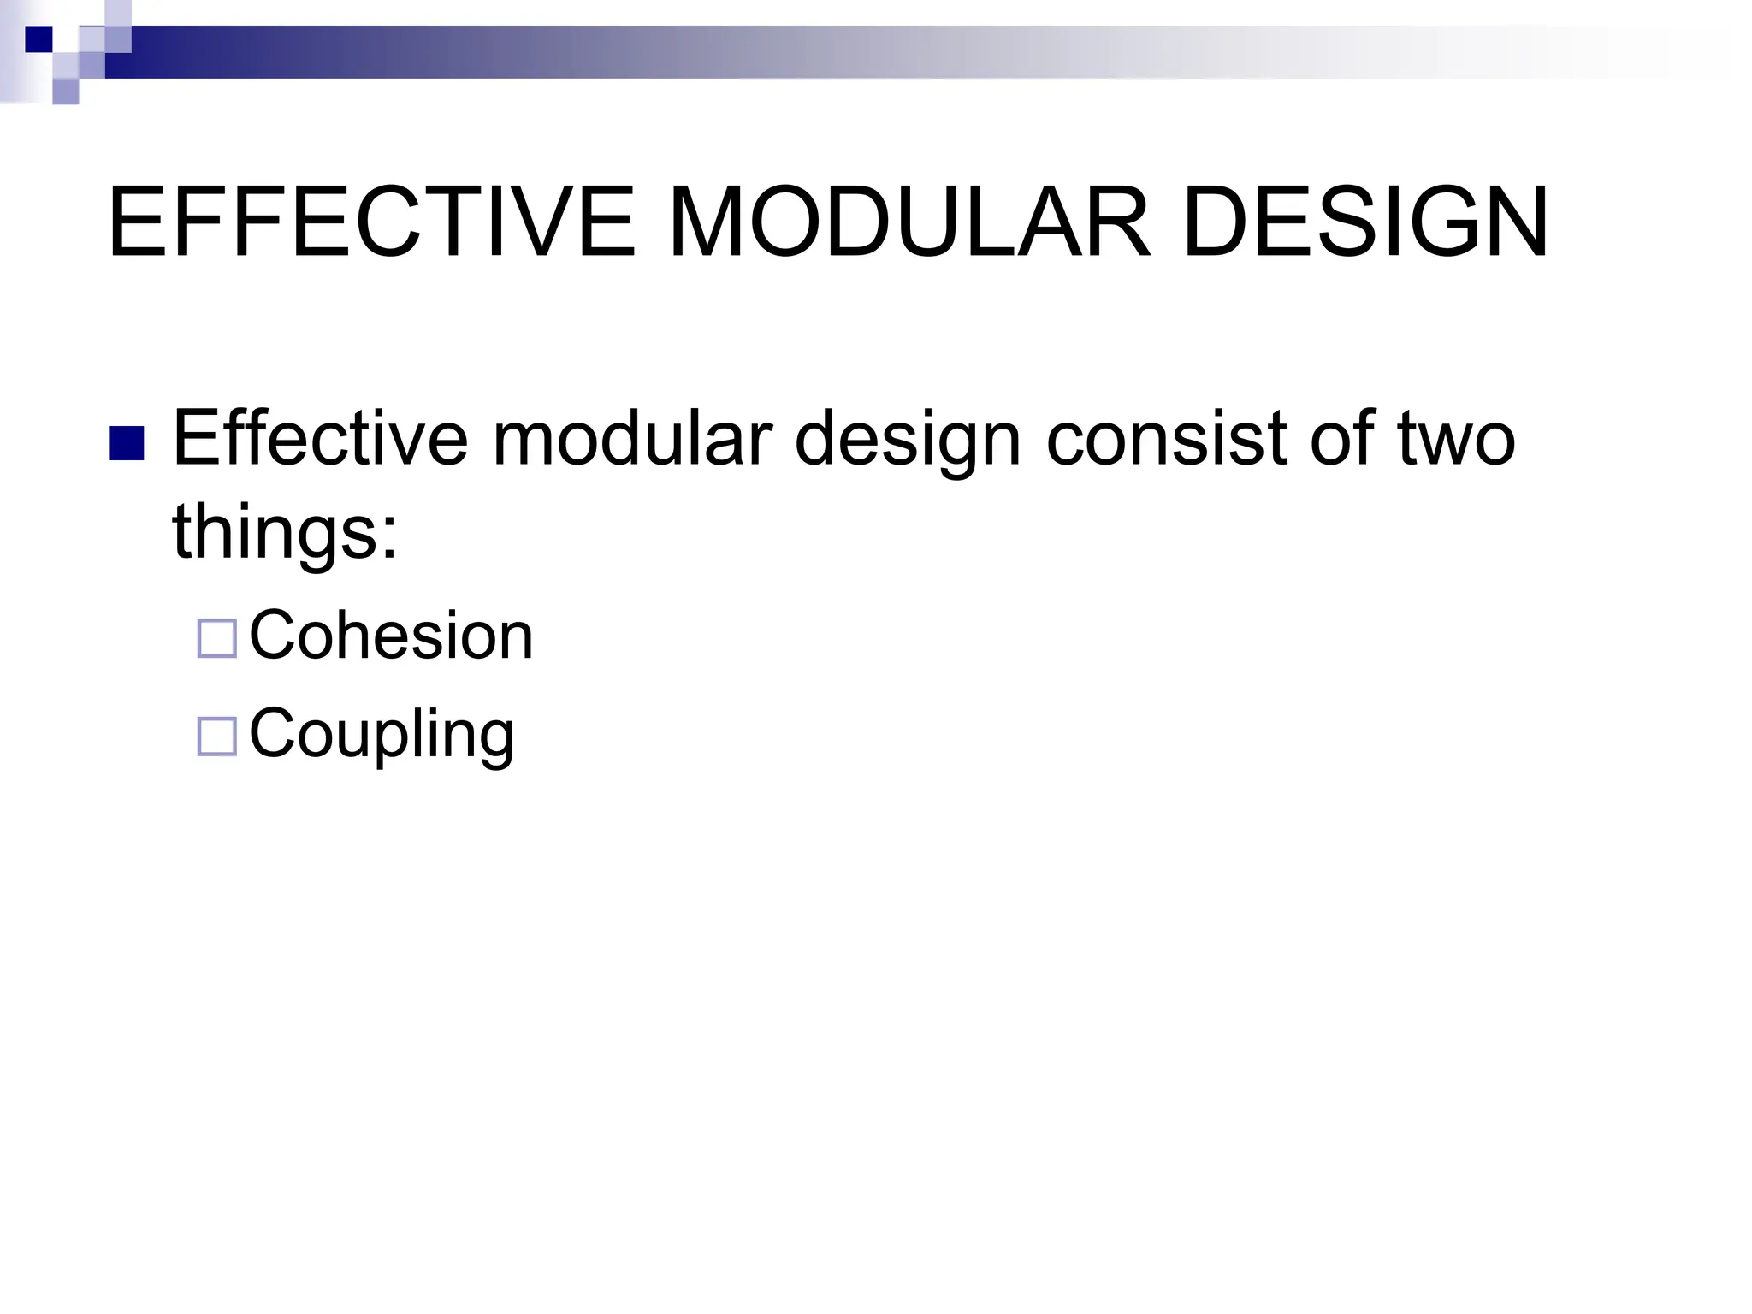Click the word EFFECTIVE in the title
pyautogui.click(x=372, y=222)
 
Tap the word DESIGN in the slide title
pyautogui.click(x=1366, y=222)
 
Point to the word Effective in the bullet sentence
pyautogui.click(x=320, y=438)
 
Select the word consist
pyautogui.click(x=1166, y=438)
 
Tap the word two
pyautogui.click(x=1456, y=438)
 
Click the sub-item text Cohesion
pyautogui.click(x=391, y=636)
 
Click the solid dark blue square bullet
pyautogui.click(x=127, y=443)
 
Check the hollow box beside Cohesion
pyautogui.click(x=216, y=639)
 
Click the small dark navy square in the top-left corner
pyautogui.click(x=38, y=39)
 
